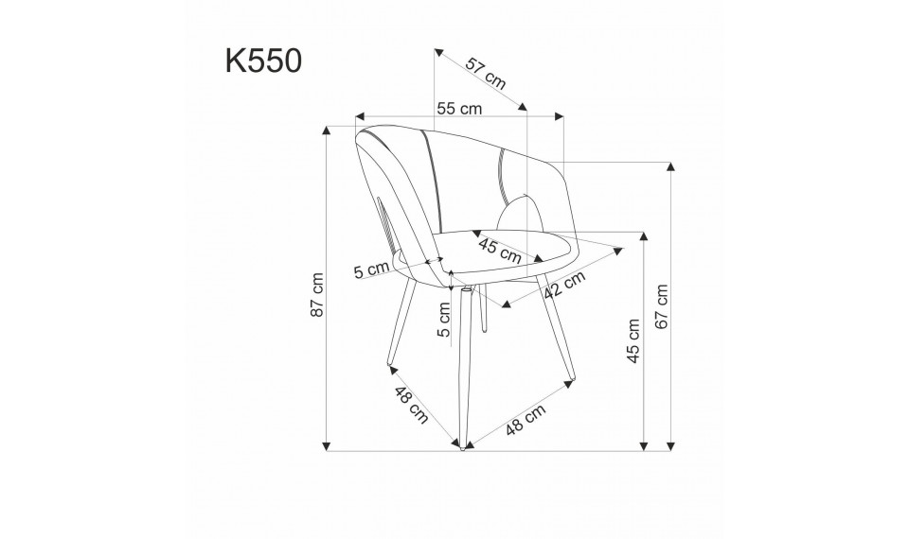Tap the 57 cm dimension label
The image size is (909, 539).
(486, 73)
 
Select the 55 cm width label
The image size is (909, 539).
(459, 109)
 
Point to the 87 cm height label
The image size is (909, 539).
(318, 294)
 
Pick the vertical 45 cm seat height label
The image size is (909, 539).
(633, 340)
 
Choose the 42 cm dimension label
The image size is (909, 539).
(565, 283)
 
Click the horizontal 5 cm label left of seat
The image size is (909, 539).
(371, 271)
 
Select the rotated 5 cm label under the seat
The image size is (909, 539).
(442, 320)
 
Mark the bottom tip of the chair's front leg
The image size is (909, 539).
(461, 445)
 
